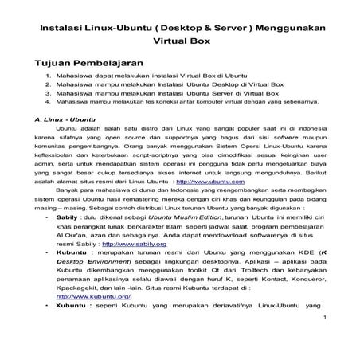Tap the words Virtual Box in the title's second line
pos(178,43)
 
